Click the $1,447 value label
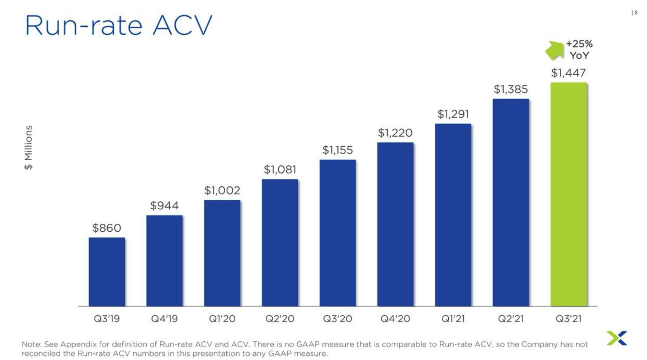[x=568, y=73]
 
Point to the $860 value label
[x=107, y=228]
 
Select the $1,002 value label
[x=222, y=190]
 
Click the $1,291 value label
[x=453, y=114]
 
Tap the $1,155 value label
[x=337, y=150]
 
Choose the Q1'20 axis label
[x=222, y=318]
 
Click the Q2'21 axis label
[x=511, y=318]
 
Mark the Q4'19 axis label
[x=164, y=318]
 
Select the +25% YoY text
[x=579, y=49]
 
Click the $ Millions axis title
[x=28, y=147]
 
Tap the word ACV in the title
[x=183, y=26]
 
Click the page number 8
[x=636, y=13]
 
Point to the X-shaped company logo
[x=617, y=338]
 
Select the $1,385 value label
[x=511, y=89]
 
